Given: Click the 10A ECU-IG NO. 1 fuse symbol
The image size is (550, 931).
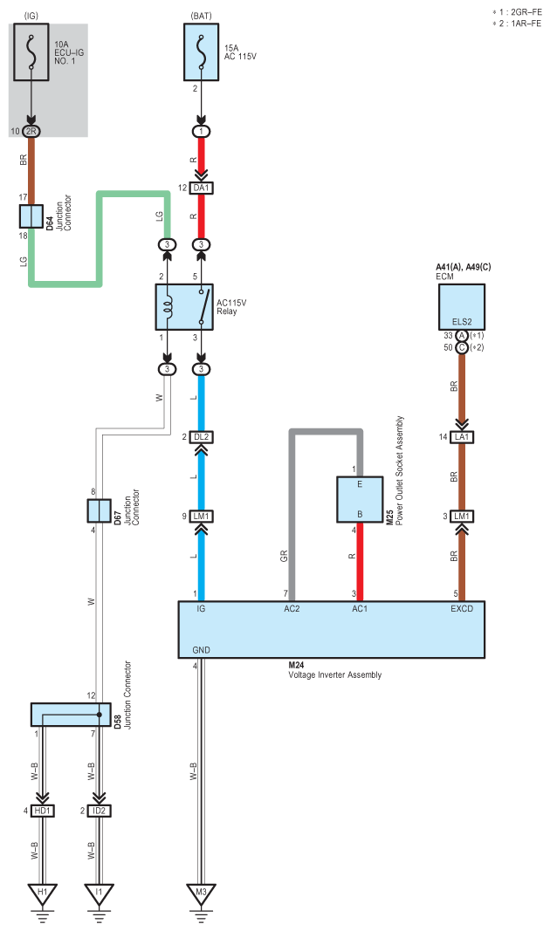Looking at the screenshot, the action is coord(31,52).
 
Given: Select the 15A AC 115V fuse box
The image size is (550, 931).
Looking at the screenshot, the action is coord(202,52).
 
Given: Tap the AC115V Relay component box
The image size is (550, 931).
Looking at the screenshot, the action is coord(184,307).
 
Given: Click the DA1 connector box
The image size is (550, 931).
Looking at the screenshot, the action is coord(202,188).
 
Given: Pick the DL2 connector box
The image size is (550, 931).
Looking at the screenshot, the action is coord(202,437).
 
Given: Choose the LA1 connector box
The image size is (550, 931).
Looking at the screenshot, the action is coord(462,437).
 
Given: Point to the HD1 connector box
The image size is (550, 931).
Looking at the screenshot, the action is coord(42,811).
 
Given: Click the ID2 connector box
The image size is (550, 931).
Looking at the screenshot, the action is coord(100,811).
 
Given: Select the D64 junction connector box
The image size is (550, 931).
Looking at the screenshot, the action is coord(31,216).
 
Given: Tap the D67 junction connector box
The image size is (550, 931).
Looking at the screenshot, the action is coord(100,510).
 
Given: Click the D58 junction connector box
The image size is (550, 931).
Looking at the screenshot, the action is coord(71,715).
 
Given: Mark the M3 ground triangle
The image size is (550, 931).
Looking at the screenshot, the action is coord(202,893).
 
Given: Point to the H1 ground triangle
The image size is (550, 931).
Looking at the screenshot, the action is coord(42,893).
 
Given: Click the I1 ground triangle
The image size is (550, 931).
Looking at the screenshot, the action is coord(100,893).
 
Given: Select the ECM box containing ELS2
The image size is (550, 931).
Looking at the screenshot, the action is coord(462,307).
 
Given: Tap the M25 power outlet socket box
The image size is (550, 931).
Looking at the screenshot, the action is coord(360,499).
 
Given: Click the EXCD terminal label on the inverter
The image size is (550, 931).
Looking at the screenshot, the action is coord(462,608).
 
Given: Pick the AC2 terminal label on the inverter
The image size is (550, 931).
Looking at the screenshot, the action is coord(292,608).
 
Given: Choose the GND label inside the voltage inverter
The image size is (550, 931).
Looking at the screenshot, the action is coord(202,650).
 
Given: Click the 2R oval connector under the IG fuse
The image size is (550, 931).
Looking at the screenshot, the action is coord(31,131).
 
